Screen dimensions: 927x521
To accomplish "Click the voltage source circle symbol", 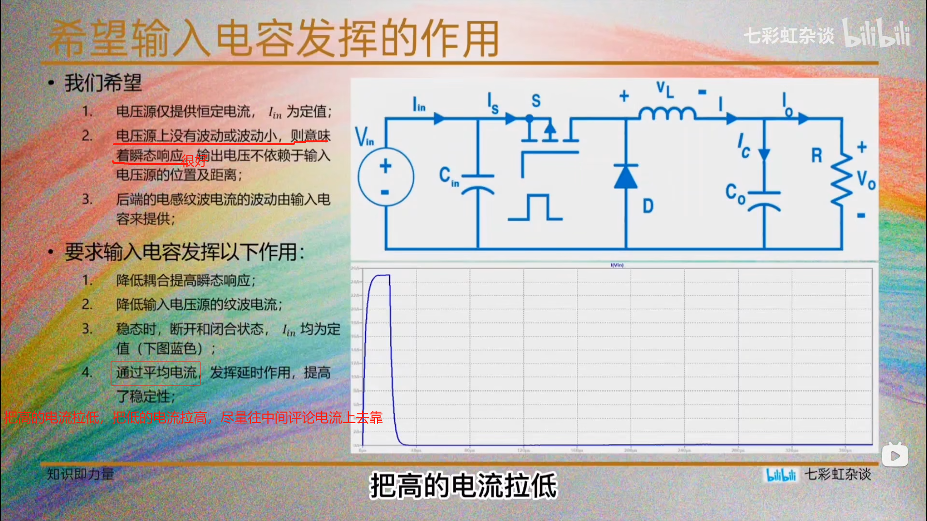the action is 385,178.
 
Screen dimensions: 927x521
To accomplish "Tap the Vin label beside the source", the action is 365,136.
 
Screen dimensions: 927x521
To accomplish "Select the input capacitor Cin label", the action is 449,177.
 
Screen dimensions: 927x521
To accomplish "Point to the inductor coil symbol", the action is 667,113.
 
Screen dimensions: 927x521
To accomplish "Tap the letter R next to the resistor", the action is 816,156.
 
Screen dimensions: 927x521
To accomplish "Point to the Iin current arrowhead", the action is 439,118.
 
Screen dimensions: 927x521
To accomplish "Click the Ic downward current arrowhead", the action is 764,154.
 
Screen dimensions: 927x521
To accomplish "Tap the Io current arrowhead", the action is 803,118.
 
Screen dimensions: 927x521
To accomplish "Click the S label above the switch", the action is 536,101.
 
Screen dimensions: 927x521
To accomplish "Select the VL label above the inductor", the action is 665,90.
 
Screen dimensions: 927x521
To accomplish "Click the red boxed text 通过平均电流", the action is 156,373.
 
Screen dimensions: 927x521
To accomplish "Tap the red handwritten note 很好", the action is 194,161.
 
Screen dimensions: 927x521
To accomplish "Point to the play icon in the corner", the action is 895,455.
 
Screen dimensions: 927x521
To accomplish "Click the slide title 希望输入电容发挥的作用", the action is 273,39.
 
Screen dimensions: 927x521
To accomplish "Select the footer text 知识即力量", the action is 80,474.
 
